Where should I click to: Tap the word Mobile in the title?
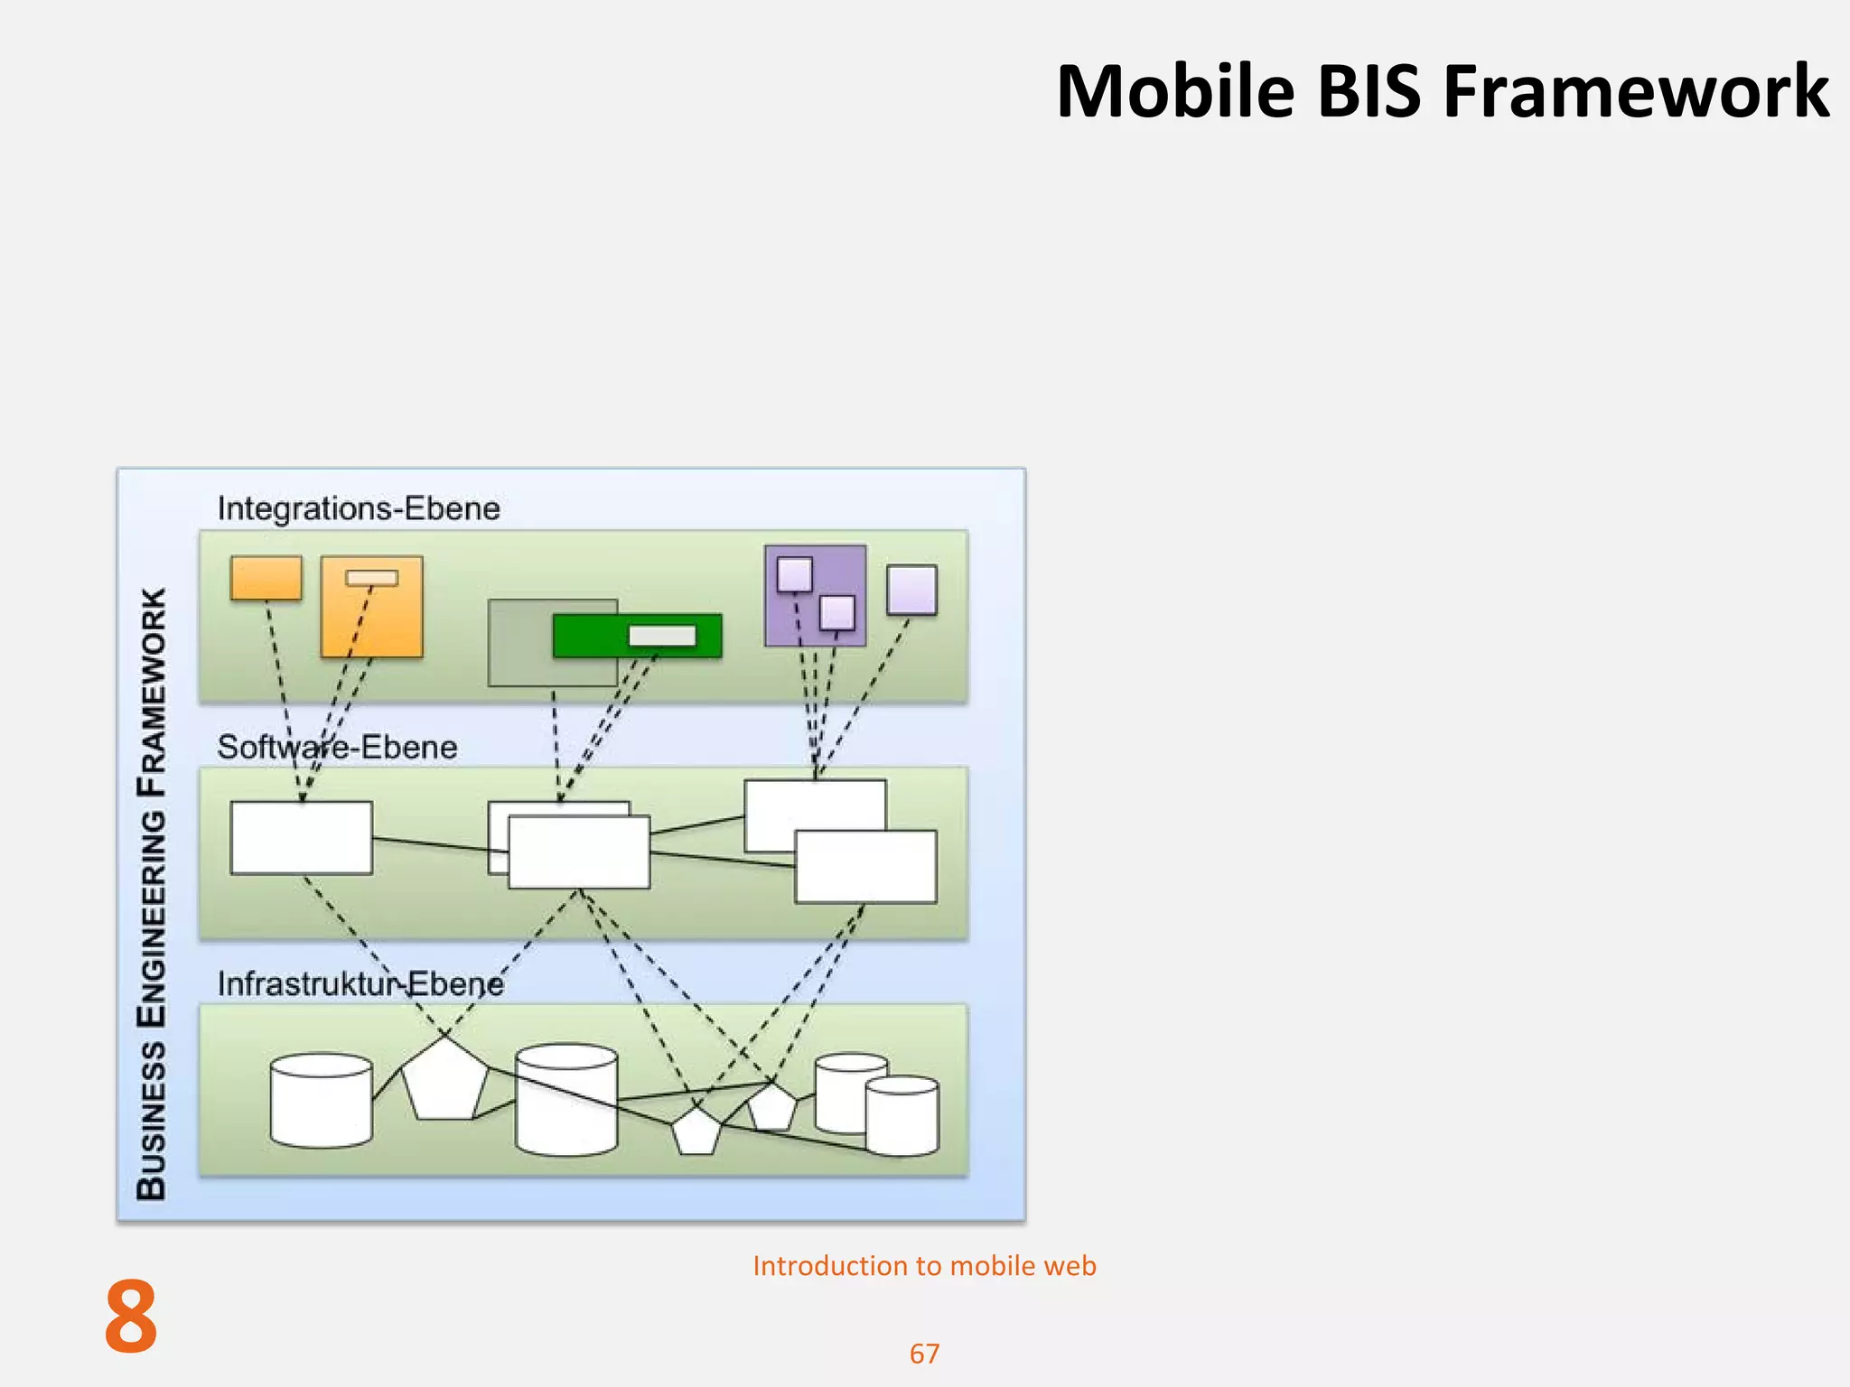tap(1174, 92)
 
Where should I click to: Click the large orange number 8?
tap(131, 1317)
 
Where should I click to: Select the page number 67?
tap(924, 1354)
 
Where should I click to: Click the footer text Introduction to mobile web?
tap(924, 1266)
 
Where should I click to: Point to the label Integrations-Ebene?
tap(359, 508)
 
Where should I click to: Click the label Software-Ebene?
tap(337, 748)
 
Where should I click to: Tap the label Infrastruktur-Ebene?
tap(360, 984)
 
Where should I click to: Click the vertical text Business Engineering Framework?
tap(152, 894)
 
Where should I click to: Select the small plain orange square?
tap(266, 578)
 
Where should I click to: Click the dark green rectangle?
tap(587, 636)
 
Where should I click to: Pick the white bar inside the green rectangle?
tap(662, 636)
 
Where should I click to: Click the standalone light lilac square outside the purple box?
tap(911, 591)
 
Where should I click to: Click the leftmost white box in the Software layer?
tap(301, 838)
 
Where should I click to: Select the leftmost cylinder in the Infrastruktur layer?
tap(321, 1102)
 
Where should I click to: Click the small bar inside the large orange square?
tap(371, 578)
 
